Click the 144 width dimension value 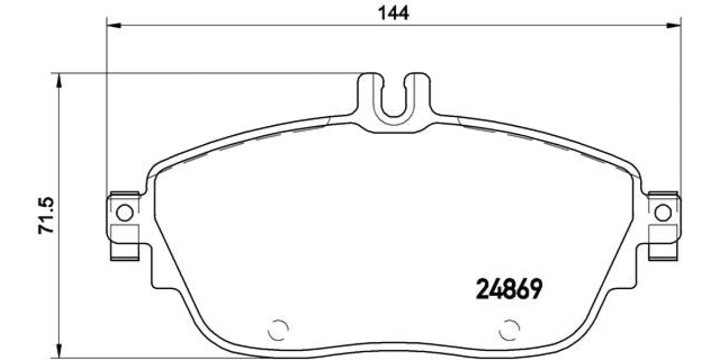[x=394, y=13]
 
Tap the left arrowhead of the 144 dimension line [x=113, y=25]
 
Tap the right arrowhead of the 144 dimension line [x=674, y=25]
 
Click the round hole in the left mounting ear [x=125, y=212]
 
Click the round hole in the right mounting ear [x=662, y=212]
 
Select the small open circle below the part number [x=509, y=328]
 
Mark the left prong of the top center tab [x=369, y=96]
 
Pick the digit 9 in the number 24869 [x=535, y=291]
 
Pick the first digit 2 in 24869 [x=482, y=291]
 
